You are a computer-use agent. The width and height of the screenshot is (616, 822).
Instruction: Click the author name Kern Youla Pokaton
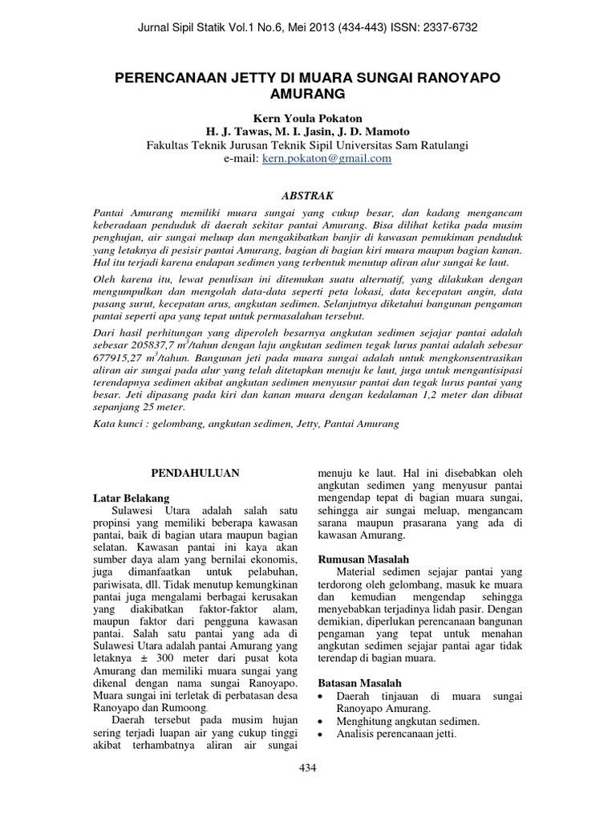pos(308,117)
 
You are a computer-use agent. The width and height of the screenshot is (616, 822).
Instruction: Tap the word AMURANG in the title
pos(308,94)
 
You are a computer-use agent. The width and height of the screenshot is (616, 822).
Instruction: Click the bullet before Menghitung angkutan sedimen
pos(322,722)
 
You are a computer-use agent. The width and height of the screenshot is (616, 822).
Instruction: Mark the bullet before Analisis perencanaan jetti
pos(322,735)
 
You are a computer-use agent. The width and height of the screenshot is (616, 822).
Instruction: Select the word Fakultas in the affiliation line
pos(169,145)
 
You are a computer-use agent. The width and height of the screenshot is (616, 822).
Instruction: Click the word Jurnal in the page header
pos(157,27)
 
